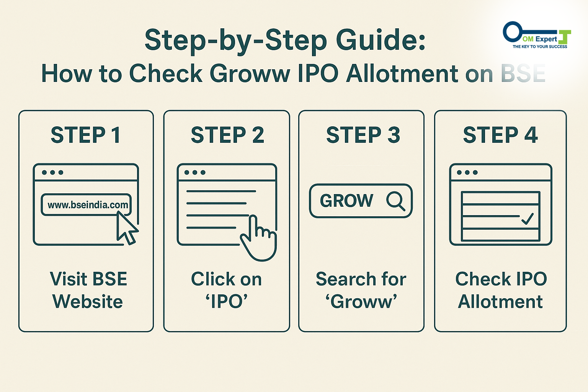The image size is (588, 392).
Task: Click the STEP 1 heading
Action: (x=86, y=135)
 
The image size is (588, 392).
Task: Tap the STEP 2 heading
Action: (x=227, y=135)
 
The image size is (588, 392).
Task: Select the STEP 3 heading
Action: (x=363, y=135)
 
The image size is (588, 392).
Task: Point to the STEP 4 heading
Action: (x=500, y=135)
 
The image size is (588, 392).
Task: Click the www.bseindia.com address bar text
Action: (x=88, y=205)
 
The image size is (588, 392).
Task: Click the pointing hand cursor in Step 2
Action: (x=258, y=238)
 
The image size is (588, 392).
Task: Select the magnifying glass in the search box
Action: (x=396, y=201)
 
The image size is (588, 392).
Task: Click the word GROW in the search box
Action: (x=346, y=201)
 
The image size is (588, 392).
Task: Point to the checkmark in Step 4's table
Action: (x=528, y=219)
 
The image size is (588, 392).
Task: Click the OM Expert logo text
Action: (x=540, y=39)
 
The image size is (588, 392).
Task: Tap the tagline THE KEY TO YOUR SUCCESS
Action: (x=540, y=46)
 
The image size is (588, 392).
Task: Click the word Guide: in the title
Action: (x=381, y=40)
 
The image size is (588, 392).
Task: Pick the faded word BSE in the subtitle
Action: (x=523, y=73)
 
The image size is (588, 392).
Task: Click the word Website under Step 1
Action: (x=87, y=301)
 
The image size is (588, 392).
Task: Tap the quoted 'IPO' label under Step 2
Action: (x=227, y=301)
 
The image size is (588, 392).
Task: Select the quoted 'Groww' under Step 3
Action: (x=361, y=301)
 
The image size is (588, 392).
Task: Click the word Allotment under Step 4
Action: (x=500, y=301)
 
